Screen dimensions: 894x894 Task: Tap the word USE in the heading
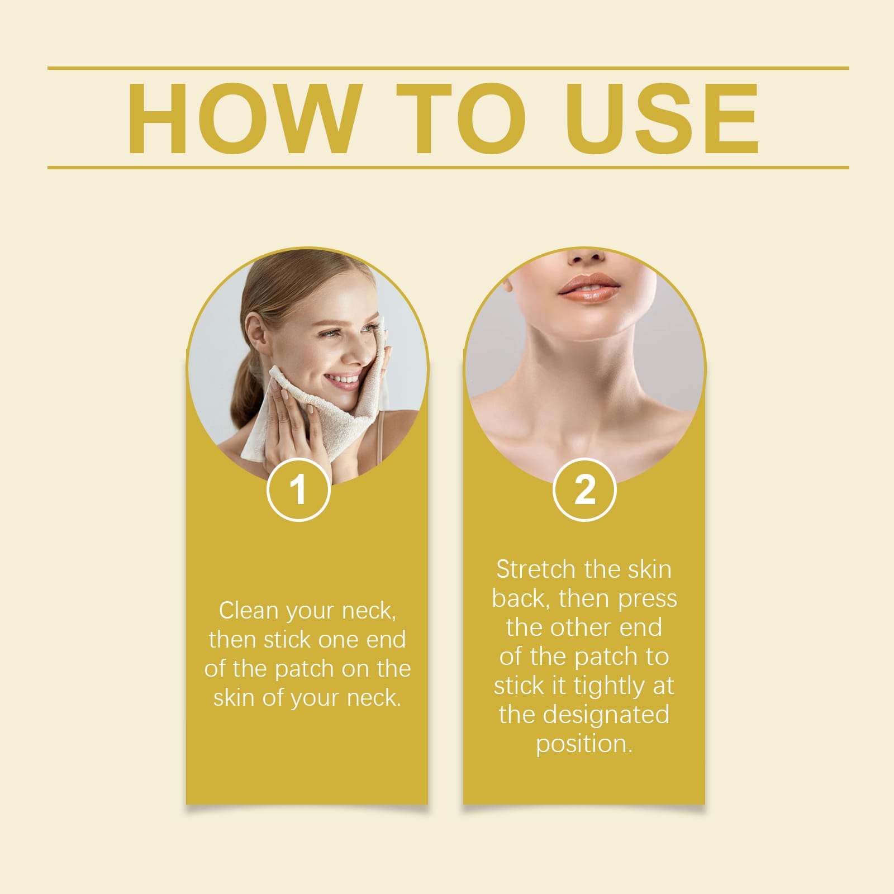tap(662, 118)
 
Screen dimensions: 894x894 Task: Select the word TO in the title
tap(461, 118)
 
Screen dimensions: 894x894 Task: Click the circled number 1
tap(298, 489)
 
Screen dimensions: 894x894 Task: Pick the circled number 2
tap(584, 489)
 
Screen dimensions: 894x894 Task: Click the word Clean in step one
tap(248, 611)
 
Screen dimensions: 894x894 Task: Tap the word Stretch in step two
tap(536, 569)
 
